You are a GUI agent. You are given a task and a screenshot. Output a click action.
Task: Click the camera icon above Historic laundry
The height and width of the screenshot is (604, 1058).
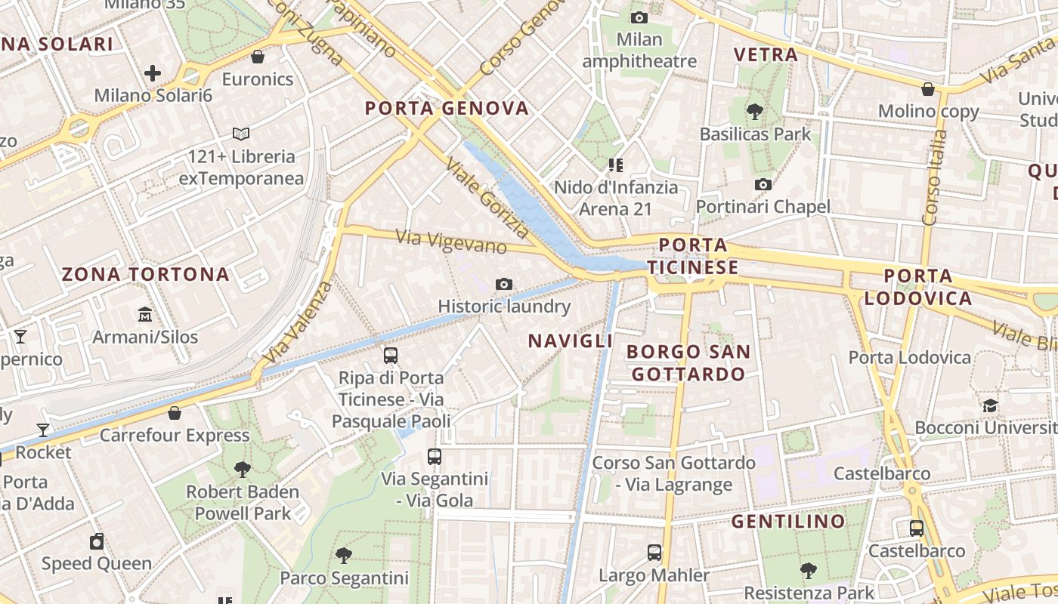click(504, 284)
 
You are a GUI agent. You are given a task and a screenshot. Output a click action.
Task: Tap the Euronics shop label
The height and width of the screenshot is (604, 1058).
click(257, 79)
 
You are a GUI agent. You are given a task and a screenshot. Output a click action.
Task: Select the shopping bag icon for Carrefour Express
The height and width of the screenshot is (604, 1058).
click(175, 413)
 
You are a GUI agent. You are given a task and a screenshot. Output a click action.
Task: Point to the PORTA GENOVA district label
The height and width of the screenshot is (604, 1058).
click(447, 108)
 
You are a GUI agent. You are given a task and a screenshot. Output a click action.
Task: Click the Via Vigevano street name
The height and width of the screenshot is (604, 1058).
click(451, 242)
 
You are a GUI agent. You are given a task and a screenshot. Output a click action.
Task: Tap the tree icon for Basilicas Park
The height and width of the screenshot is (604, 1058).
click(754, 112)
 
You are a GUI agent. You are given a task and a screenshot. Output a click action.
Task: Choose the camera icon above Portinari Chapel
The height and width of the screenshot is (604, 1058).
click(763, 184)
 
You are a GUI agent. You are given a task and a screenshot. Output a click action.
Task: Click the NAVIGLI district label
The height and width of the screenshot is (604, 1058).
click(571, 341)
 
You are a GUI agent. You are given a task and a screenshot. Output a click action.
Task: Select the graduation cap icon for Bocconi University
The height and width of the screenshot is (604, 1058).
click(990, 406)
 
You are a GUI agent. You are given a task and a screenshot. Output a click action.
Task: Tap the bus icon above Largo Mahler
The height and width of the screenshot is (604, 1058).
click(654, 553)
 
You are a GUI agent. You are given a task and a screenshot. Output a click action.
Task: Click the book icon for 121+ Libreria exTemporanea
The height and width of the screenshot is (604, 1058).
click(241, 134)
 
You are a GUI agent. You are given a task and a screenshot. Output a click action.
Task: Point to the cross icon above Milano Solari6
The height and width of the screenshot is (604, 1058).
click(153, 73)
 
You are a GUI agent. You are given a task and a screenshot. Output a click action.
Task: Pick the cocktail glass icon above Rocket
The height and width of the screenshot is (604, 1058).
click(43, 430)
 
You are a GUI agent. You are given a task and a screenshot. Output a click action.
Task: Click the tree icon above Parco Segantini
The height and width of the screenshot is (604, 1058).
click(344, 556)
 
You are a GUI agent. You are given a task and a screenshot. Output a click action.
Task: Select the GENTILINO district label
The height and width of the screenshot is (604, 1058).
click(788, 522)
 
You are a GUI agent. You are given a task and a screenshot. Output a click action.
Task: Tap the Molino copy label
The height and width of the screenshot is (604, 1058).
click(928, 112)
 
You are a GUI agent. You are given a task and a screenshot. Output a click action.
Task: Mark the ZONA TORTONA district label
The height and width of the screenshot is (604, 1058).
click(145, 274)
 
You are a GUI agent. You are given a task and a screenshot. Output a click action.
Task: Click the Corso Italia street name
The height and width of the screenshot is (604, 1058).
click(935, 178)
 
